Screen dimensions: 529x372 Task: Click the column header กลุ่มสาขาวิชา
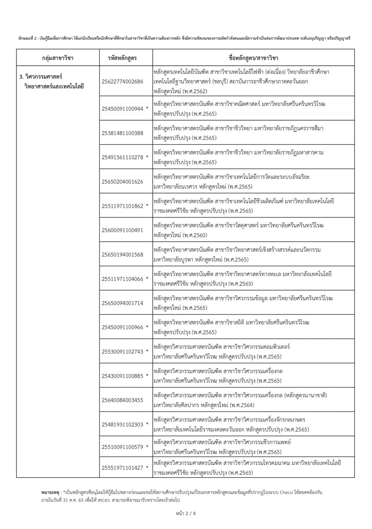pyautogui.click(x=57, y=58)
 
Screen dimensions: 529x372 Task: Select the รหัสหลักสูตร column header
pyautogui.click(x=122, y=58)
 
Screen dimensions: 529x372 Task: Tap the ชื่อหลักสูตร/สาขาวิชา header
pyautogui.click(x=254, y=58)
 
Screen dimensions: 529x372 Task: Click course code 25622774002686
pyautogui.click(x=122, y=82)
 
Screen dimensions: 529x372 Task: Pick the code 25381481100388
pyautogui.click(x=122, y=133)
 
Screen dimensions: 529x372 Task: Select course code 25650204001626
pyautogui.click(x=122, y=182)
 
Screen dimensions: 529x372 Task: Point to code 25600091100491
pyautogui.click(x=122, y=230)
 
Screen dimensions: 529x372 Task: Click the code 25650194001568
pyautogui.click(x=122, y=255)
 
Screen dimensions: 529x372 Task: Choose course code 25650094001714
pyautogui.click(x=122, y=303)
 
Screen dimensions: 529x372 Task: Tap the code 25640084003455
pyautogui.click(x=122, y=400)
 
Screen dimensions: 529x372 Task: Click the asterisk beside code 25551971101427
pyautogui.click(x=147, y=468)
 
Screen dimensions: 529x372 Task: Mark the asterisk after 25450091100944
pyautogui.click(x=147, y=109)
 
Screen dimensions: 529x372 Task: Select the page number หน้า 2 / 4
pyautogui.click(x=186, y=513)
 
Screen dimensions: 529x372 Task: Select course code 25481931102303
pyautogui.click(x=122, y=424)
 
